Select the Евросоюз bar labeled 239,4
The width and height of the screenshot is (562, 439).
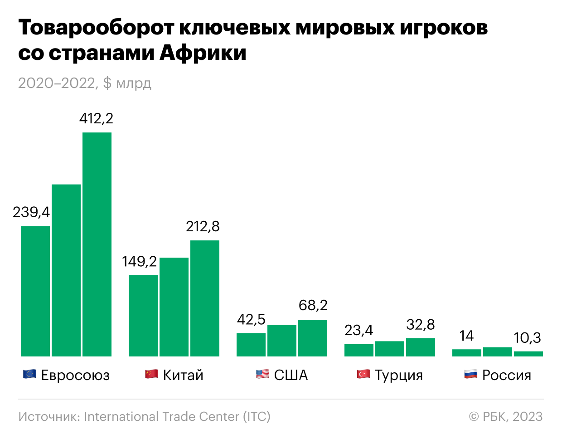click(x=35, y=291)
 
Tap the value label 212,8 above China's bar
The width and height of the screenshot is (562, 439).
click(x=203, y=226)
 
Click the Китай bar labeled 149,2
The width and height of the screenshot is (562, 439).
click(x=143, y=315)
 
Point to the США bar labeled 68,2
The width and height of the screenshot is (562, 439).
click(x=313, y=338)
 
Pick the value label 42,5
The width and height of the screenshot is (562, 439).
click(x=251, y=320)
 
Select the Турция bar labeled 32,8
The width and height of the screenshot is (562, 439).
click(x=421, y=347)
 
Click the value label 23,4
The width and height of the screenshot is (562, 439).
click(x=359, y=330)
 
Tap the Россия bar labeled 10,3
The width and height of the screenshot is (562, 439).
click(x=528, y=354)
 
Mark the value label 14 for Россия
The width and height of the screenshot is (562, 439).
click(x=466, y=336)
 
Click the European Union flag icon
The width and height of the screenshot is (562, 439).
click(x=29, y=374)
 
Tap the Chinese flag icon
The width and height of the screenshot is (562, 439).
click(x=151, y=374)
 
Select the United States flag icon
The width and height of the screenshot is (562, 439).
click(x=262, y=374)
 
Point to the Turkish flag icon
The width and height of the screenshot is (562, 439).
click(x=363, y=374)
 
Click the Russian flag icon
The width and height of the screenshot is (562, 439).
click(x=470, y=374)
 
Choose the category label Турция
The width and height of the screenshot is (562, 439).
click(x=399, y=375)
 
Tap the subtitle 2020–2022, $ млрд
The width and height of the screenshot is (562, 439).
click(x=85, y=83)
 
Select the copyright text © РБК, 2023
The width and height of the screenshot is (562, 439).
click(x=506, y=416)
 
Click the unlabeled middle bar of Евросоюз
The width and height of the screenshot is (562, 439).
click(x=66, y=270)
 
